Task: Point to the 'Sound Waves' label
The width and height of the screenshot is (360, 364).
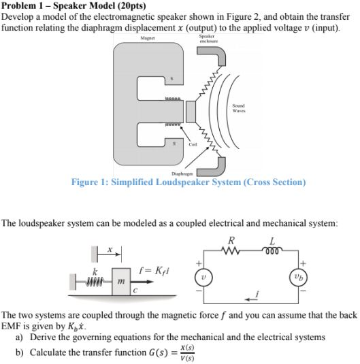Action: pyautogui.click(x=238, y=107)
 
